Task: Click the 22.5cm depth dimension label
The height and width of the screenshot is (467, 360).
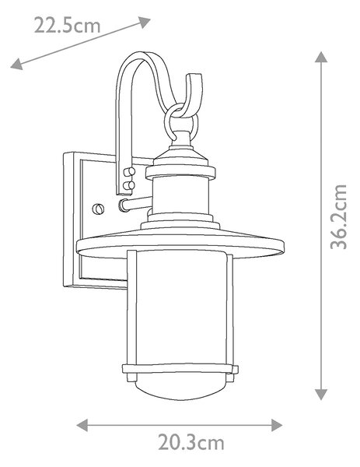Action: [67, 25]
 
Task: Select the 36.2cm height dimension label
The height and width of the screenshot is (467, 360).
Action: [338, 217]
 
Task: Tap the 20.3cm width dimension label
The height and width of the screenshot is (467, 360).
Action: [190, 443]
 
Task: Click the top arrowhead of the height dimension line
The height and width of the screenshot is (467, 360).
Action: [321, 57]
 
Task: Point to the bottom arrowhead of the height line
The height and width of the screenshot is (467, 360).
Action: [321, 395]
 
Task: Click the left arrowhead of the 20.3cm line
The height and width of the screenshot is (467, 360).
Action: [82, 425]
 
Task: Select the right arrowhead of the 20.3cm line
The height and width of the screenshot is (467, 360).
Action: [277, 425]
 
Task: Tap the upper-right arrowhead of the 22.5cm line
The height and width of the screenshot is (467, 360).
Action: [145, 22]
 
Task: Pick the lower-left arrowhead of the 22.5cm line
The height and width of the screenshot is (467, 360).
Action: [16, 64]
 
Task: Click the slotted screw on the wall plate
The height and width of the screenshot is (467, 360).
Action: [98, 209]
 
